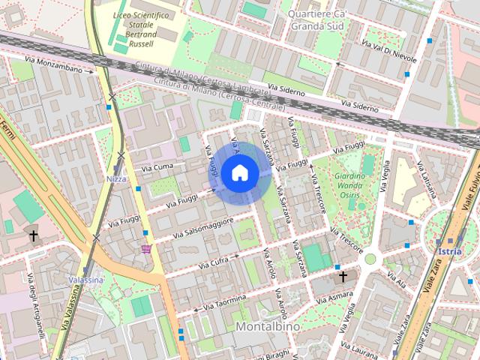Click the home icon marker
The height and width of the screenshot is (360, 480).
pos(239,173)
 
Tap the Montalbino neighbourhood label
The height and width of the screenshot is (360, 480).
pos(268,328)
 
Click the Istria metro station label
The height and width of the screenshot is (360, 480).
pos(450,251)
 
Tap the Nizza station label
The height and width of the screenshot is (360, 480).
pos(116,179)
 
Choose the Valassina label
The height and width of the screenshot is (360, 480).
pos(85,280)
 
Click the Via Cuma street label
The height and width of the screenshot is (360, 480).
pos(157,166)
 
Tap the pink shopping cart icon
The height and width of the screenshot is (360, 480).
pos(145,248)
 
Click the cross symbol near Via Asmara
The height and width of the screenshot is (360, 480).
pos(343,277)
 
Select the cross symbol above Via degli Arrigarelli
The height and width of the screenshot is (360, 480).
pos(33,237)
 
